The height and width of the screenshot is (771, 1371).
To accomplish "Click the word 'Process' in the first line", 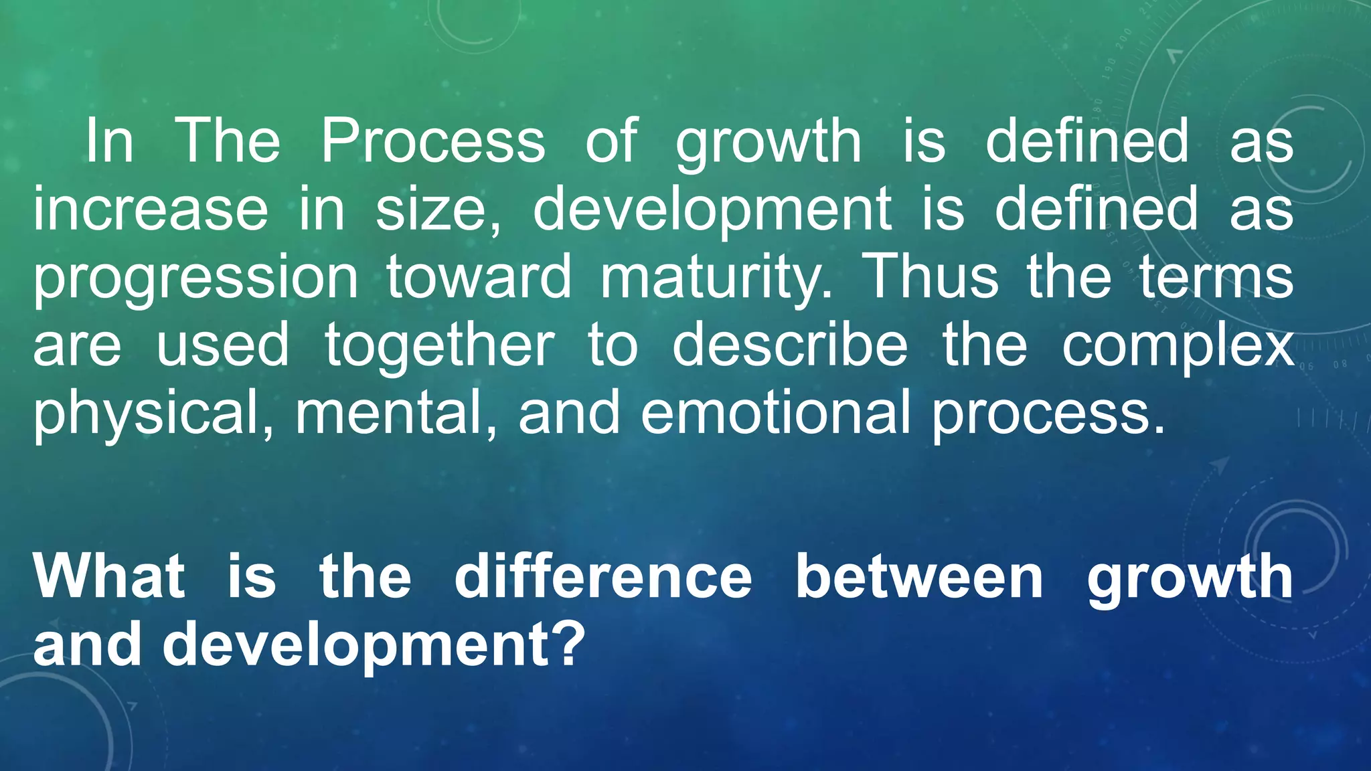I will pyautogui.click(x=433, y=141).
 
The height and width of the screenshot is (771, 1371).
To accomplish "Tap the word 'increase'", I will pyautogui.click(x=151, y=209).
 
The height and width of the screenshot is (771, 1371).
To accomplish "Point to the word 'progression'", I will pyautogui.click(x=196, y=278).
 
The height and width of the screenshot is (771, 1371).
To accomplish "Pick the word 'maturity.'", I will pyautogui.click(x=717, y=278).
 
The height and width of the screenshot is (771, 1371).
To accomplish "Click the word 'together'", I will pyautogui.click(x=440, y=345).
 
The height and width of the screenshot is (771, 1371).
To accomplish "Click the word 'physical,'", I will pyautogui.click(x=154, y=414).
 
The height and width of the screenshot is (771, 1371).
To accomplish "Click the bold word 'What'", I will pyautogui.click(x=109, y=576).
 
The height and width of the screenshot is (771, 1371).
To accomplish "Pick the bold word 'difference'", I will pyautogui.click(x=603, y=576).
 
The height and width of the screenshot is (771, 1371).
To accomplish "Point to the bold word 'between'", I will pyautogui.click(x=919, y=576).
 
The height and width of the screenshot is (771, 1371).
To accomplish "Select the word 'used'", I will pyautogui.click(x=222, y=345).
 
